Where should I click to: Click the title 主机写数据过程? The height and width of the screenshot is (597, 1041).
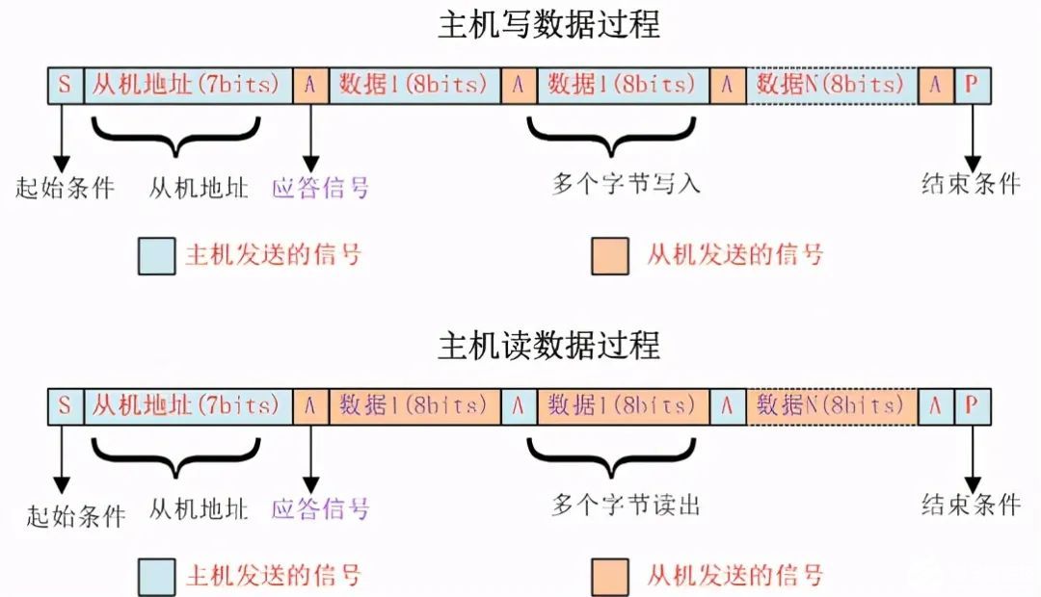tap(548, 25)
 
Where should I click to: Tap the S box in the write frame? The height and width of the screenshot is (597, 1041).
tap(65, 85)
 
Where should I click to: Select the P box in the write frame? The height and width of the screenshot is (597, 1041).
tap(971, 85)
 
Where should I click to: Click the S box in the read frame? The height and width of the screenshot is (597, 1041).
tap(65, 406)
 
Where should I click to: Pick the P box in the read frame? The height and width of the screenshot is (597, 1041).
tap(971, 406)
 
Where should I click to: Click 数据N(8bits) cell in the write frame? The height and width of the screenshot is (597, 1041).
tap(832, 85)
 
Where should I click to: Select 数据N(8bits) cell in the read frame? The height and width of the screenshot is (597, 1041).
tap(832, 406)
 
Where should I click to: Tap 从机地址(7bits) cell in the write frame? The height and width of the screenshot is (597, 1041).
tap(187, 85)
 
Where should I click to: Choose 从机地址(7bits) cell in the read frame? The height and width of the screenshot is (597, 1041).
tap(187, 406)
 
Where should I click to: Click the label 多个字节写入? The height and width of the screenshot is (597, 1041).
tap(626, 184)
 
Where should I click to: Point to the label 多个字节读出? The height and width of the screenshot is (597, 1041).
tap(626, 506)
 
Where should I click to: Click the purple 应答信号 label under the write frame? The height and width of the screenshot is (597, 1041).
tap(321, 187)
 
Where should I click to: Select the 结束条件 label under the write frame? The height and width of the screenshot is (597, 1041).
tap(970, 184)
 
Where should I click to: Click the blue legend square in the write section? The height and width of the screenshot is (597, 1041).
tap(156, 256)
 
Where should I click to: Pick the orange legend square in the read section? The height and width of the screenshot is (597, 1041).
tap(610, 577)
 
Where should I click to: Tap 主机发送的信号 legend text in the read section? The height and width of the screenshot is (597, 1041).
tap(273, 577)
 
